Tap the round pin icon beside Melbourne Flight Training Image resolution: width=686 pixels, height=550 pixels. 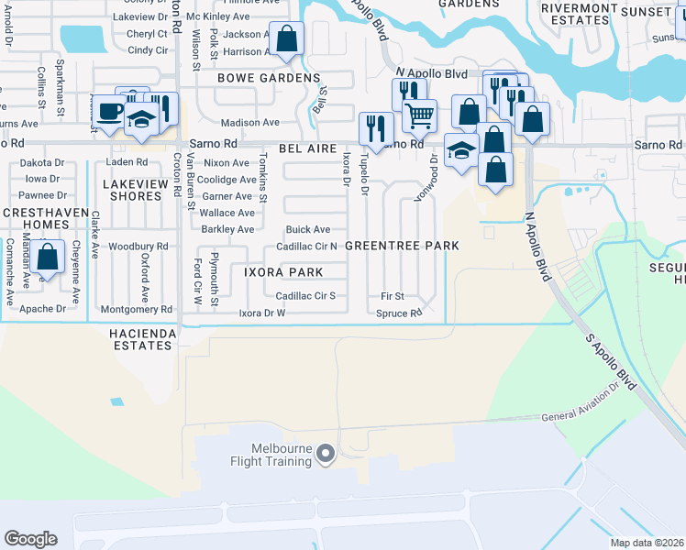click(x=325, y=454)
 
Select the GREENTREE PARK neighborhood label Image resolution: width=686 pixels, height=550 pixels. click(x=402, y=246)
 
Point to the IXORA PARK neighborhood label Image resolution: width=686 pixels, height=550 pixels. click(x=282, y=272)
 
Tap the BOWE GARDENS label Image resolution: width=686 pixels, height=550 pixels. click(x=268, y=79)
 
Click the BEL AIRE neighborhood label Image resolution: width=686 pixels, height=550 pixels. click(x=291, y=148)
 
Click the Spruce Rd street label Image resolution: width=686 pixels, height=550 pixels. click(x=399, y=313)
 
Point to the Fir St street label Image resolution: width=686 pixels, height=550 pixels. click(x=393, y=296)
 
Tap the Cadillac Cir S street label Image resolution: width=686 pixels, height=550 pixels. click(x=305, y=295)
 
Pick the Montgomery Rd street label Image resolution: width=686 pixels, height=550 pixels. click(x=135, y=310)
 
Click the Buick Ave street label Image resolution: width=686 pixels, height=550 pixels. click(x=308, y=229)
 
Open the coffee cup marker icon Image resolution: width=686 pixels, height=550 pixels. click(x=110, y=112)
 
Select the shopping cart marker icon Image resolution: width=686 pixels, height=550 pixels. click(x=419, y=115)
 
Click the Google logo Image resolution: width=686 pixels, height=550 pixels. click(x=30, y=538)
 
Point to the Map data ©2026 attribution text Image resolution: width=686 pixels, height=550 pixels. click(x=647, y=543)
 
